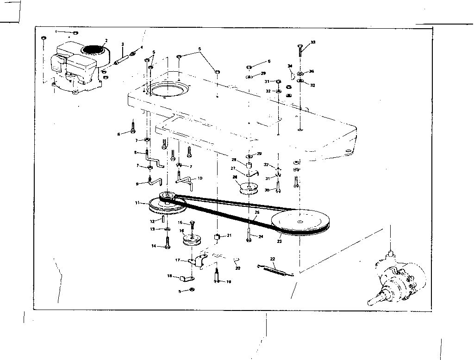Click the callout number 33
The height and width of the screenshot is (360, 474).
point(313,42)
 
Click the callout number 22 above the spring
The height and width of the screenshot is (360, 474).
point(273,259)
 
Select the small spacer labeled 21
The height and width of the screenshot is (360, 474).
point(216,238)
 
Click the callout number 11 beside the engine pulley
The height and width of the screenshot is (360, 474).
point(137,203)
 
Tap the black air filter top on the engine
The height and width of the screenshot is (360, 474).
point(94,49)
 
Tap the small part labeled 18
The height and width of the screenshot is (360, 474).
point(187,279)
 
